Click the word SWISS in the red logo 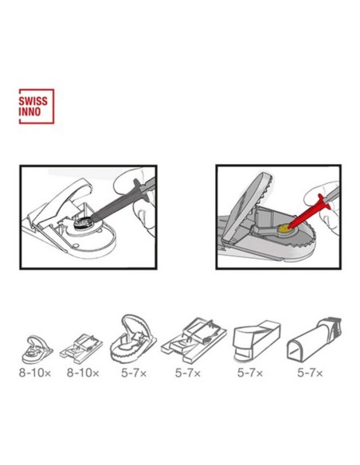(x=33, y=101)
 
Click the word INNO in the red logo (x=29, y=111)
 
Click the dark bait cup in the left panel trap (x=81, y=222)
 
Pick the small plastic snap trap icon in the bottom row (x=37, y=349)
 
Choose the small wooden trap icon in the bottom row (x=81, y=349)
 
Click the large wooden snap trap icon (x=194, y=340)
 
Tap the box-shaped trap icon (x=256, y=341)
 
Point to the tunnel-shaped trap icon (x=314, y=338)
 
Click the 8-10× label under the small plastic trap (x=35, y=373)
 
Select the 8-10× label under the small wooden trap (x=83, y=373)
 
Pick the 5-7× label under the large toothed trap (x=134, y=373)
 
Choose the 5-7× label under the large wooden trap (x=188, y=373)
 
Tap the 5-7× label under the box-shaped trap (x=250, y=373)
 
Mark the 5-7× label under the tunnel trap (x=310, y=373)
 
